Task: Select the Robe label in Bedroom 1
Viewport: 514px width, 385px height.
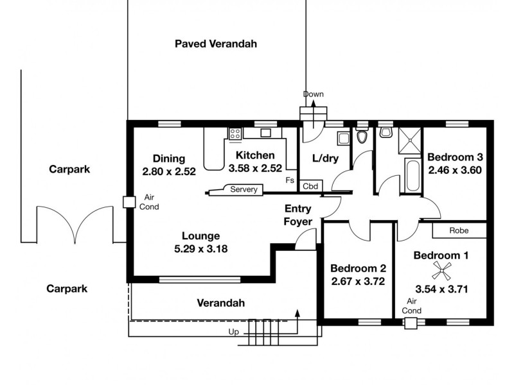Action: click(458, 230)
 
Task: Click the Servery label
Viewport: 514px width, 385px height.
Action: click(244, 189)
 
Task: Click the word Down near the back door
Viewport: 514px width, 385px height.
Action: click(313, 94)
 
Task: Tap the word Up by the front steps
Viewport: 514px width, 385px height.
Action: click(235, 332)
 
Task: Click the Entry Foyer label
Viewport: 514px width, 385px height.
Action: click(299, 215)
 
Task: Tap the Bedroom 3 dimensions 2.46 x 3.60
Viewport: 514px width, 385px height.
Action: click(454, 170)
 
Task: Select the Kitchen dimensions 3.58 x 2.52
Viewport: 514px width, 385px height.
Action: click(255, 169)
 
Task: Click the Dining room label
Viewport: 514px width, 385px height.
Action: click(169, 158)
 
